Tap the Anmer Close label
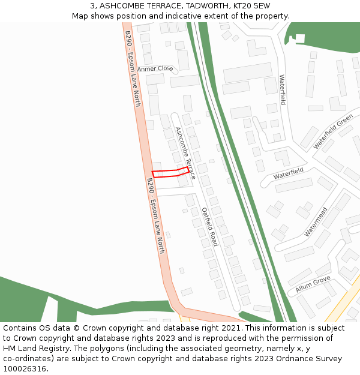155,69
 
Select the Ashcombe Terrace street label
185,153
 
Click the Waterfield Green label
333,131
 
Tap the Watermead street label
316,221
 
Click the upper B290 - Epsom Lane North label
133,69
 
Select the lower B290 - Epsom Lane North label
155,215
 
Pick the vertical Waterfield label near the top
282,89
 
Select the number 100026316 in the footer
23,369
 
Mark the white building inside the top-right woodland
300,39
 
